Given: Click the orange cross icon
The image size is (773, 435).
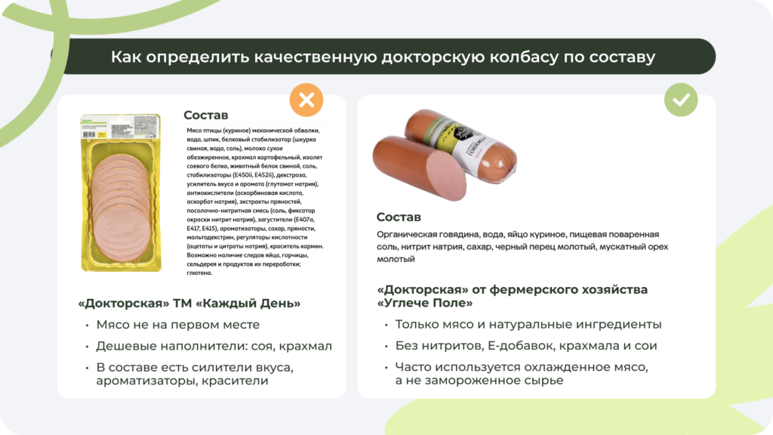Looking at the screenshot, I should pyautogui.click(x=306, y=100).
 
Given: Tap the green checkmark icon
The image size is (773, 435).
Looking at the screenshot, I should pyautogui.click(x=680, y=100).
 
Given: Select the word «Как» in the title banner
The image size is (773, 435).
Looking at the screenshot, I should pyautogui.click(x=125, y=57).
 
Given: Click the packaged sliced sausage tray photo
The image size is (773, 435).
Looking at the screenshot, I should pyautogui.click(x=121, y=193).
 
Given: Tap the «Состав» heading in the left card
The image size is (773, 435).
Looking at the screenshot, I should pyautogui.click(x=205, y=115).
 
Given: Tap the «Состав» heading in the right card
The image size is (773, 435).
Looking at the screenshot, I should pyautogui.click(x=399, y=217).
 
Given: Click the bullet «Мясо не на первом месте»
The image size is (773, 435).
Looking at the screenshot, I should pyautogui.click(x=177, y=325).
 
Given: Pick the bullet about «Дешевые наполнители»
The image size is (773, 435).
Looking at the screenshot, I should pyautogui.click(x=214, y=346).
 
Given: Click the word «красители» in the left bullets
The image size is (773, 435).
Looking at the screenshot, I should pyautogui.click(x=233, y=381).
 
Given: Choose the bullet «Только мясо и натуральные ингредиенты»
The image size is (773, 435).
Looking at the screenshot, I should pyautogui.click(x=528, y=325).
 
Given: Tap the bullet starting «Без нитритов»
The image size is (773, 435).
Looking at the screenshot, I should pyautogui.click(x=525, y=346).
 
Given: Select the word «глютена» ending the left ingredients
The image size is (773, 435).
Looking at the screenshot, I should pyautogui.click(x=200, y=273).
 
